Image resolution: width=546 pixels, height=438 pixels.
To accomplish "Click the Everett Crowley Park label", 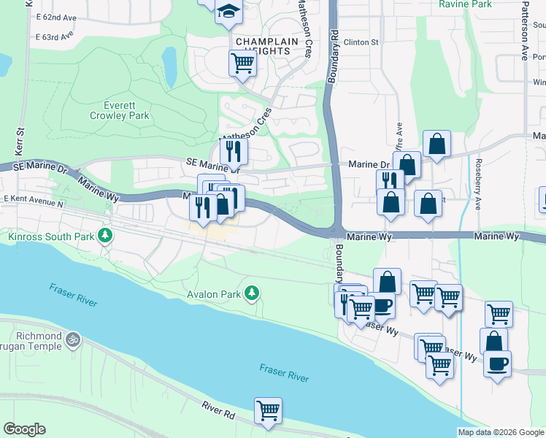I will tap(120, 109).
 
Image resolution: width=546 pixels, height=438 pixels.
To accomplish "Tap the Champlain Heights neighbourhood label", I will tap(267, 47).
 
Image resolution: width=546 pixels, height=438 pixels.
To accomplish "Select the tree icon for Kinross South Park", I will tap(107, 235).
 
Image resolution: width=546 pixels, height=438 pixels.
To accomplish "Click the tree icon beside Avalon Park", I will tap(253, 293).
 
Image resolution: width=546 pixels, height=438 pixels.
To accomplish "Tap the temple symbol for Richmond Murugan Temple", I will tap(72, 339).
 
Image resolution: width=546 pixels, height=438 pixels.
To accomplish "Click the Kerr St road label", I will tap(20, 142).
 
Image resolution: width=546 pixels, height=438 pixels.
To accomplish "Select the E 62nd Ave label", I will tap(56, 17).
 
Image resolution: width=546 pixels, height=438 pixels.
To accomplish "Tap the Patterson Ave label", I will tap(524, 33).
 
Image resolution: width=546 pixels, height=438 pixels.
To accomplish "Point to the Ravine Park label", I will tap(466, 4).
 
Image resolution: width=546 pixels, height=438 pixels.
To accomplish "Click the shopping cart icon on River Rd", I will tap(268, 410).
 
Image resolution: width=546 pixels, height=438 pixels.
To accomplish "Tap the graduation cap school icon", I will tap(229, 12).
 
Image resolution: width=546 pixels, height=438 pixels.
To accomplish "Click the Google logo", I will tap(24, 429).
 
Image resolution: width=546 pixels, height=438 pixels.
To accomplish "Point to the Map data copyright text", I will tap(500, 432).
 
